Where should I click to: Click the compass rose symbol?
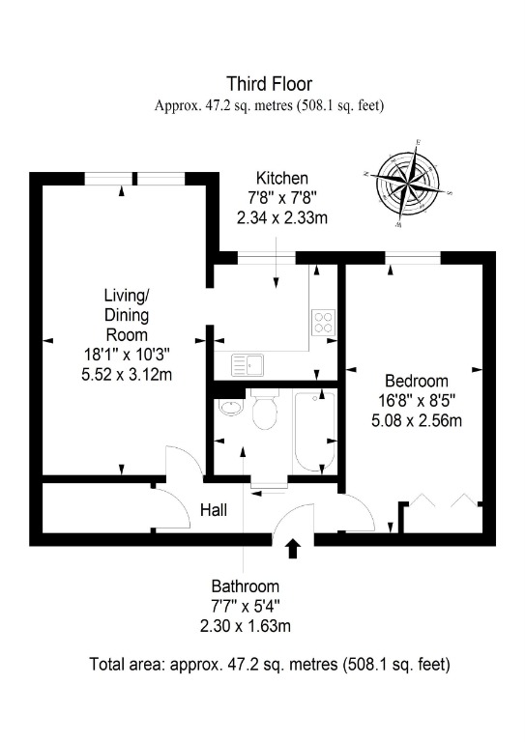coord(408,184)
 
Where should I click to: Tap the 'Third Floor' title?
coord(270,84)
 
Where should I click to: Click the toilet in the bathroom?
coord(265,409)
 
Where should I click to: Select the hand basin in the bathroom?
coord(231,408)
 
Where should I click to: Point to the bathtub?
coord(314,430)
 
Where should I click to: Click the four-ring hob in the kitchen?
coord(324,322)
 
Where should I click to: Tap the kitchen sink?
coord(249,365)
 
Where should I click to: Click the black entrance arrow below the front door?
coord(294,549)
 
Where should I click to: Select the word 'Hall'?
coord(214,510)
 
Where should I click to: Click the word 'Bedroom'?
coord(417,381)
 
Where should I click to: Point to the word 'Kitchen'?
coord(282,179)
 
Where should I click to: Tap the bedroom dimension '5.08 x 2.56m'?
coord(417,420)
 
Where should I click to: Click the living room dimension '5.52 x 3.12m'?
coord(127,375)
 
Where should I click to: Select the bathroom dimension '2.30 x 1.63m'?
coord(246,626)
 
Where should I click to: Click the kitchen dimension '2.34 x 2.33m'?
coord(282,217)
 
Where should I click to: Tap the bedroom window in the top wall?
coord(413,258)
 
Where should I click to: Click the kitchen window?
coord(266,258)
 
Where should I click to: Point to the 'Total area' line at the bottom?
coord(270,665)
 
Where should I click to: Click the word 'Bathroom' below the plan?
coord(246,586)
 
